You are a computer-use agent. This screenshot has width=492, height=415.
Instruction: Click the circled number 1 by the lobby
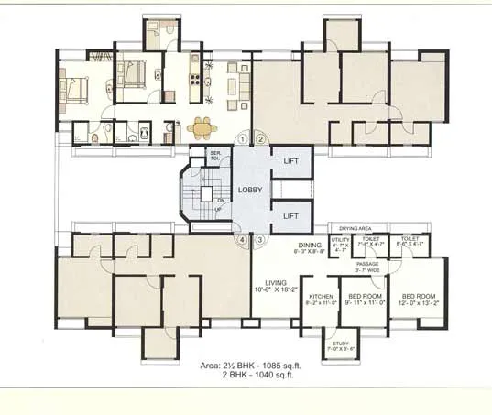243,139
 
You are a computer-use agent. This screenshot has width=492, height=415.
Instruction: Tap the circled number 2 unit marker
260,139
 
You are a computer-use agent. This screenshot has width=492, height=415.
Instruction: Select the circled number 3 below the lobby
260,240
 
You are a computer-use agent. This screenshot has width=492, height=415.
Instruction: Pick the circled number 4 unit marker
243,240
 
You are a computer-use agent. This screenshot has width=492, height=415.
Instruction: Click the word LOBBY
250,191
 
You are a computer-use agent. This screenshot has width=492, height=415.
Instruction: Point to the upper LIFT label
290,161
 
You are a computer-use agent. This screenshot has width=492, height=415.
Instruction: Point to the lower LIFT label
290,215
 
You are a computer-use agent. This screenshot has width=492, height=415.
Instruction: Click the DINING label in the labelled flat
309,246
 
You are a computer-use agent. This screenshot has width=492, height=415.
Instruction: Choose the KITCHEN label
321,298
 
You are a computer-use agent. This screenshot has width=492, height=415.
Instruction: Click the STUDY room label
342,344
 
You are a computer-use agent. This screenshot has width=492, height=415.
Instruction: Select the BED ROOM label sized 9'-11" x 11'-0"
366,298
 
